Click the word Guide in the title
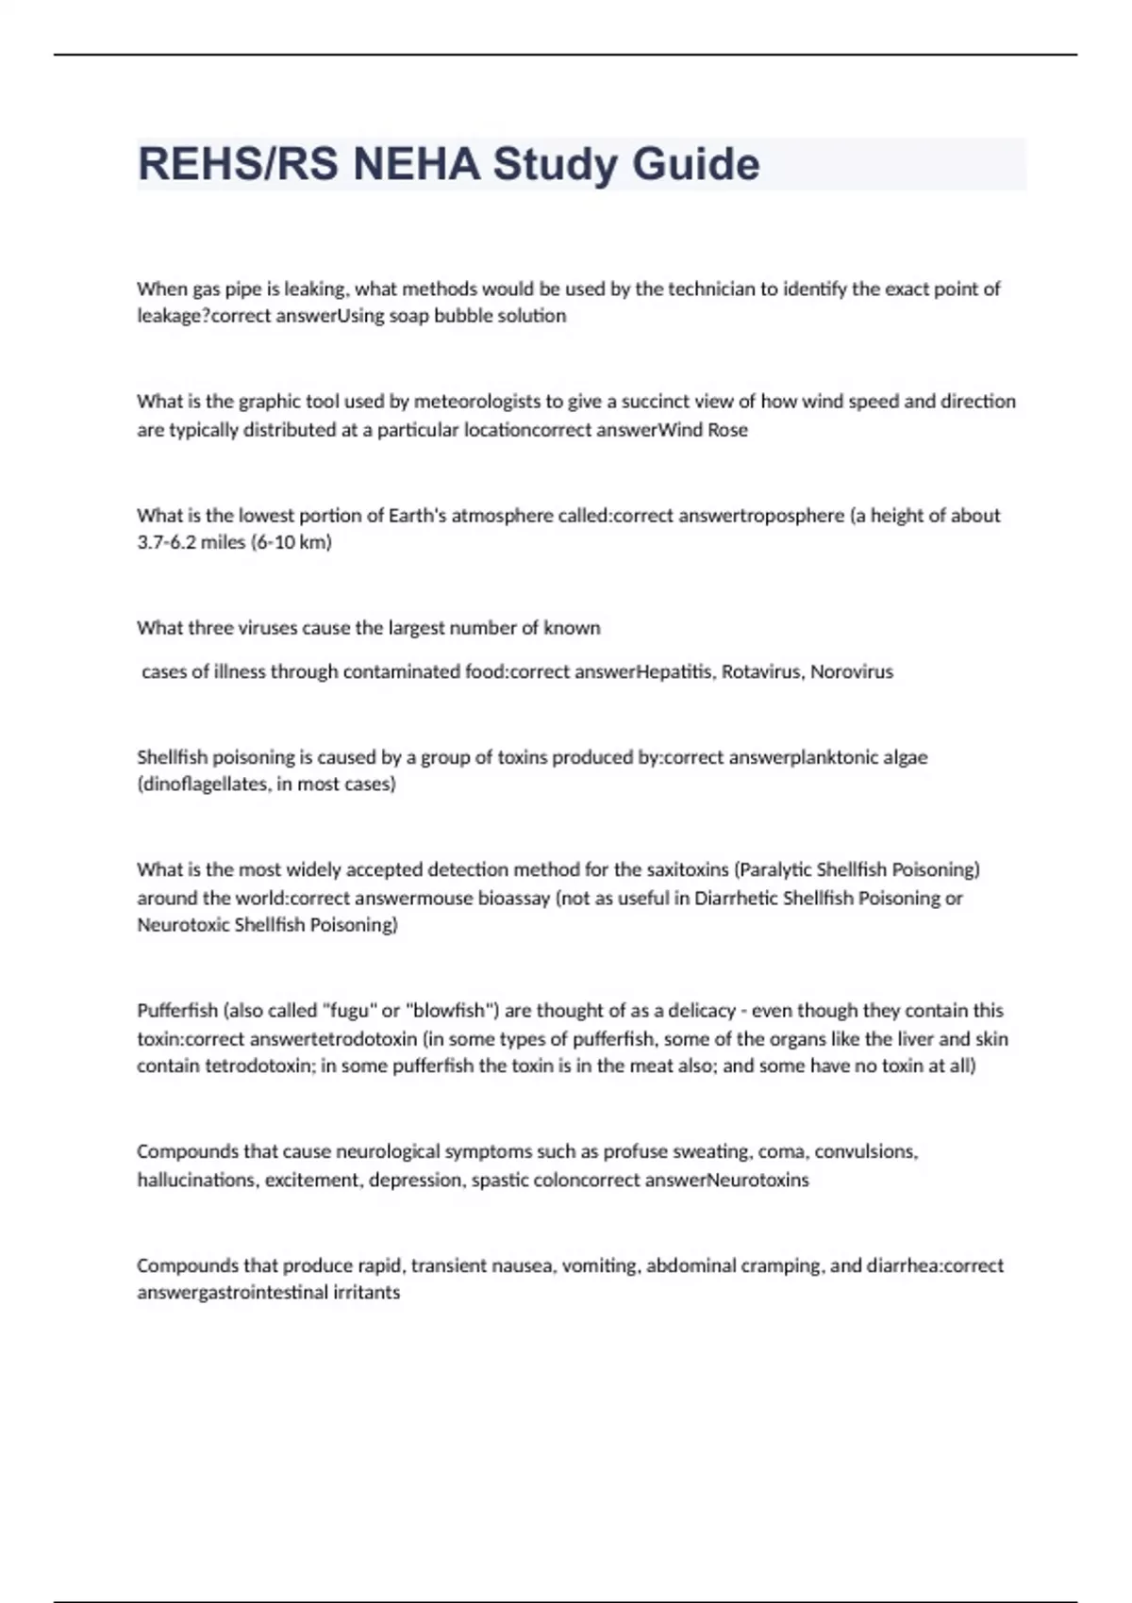[695, 164]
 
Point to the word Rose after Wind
[727, 430]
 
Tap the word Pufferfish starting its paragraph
[177, 1011]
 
